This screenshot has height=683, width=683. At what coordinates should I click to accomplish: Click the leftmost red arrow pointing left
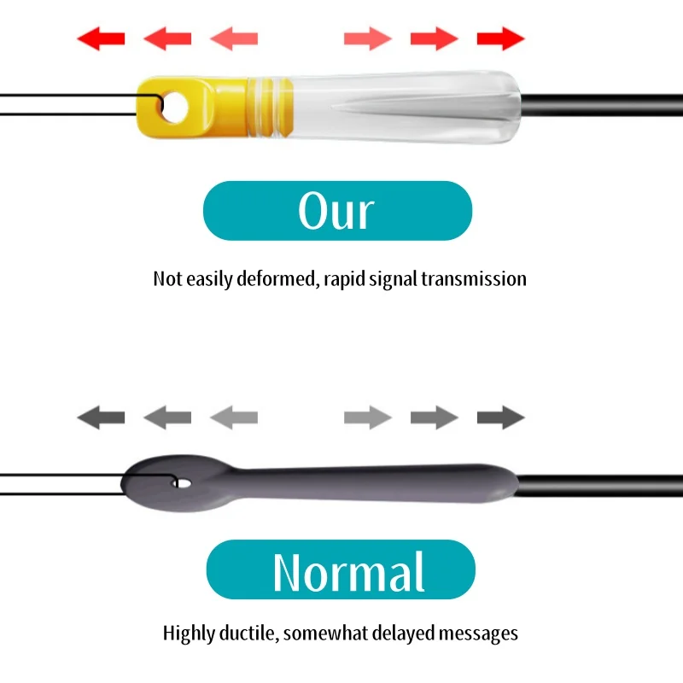tap(101, 38)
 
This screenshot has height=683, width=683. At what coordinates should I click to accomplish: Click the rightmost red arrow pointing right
tap(500, 38)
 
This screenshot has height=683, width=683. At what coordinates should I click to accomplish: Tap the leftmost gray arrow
tap(101, 417)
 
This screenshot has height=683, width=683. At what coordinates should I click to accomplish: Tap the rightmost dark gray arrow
tap(500, 417)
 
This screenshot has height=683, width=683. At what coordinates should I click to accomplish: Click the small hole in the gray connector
tap(182, 484)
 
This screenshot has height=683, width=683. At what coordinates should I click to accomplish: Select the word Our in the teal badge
tap(336, 211)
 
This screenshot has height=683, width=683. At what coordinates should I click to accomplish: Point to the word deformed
tap(277, 278)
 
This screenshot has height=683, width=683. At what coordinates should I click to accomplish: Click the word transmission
tap(474, 278)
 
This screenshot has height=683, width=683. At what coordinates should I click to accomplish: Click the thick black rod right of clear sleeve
tap(598, 106)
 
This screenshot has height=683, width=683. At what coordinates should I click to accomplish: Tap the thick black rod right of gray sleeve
tap(598, 484)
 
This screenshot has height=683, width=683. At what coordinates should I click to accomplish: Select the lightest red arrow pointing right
tap(367, 38)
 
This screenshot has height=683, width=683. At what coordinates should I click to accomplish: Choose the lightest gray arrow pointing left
tap(234, 417)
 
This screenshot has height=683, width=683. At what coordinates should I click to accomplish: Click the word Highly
tap(189, 633)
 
